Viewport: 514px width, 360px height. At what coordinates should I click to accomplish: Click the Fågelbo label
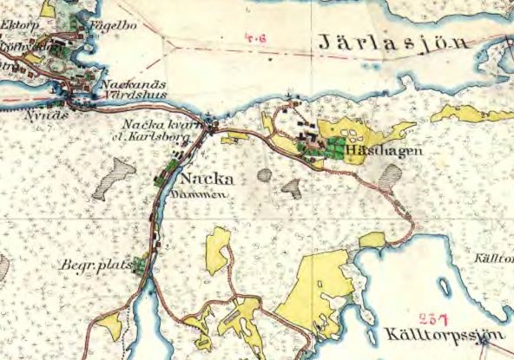click(94, 26)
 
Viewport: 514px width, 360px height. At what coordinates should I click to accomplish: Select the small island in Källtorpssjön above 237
click(446, 287)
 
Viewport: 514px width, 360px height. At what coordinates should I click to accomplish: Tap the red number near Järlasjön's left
click(256, 37)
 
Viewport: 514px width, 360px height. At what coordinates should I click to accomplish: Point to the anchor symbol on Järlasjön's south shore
click(290, 92)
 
